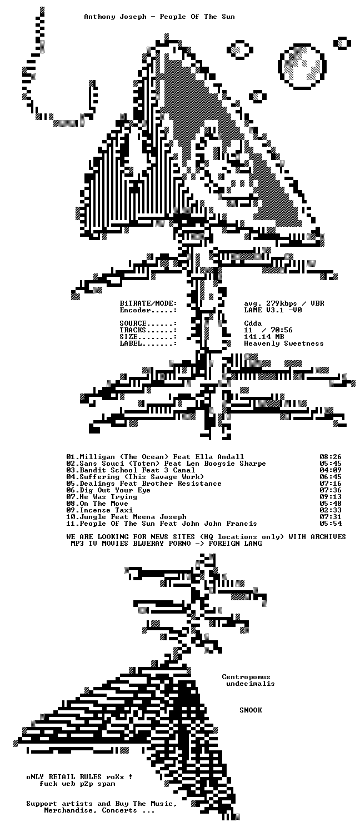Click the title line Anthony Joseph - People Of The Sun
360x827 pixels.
coord(159,17)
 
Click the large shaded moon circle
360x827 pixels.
coord(302,67)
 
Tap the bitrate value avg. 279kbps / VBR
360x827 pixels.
coord(284,303)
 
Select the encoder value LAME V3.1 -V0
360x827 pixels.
coord(273,310)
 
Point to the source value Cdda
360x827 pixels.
coord(253,323)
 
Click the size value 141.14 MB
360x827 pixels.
coord(264,337)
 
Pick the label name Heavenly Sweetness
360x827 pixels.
coord(284,343)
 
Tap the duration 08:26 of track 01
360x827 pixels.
coord(331,457)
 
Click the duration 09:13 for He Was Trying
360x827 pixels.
coord(331,496)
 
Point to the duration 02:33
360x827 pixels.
coord(331,510)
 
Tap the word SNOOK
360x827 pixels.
coord(251,710)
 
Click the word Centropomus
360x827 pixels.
coord(246,677)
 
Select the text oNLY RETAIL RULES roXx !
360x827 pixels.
coord(79,777)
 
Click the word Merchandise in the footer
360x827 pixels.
coord(68,810)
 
